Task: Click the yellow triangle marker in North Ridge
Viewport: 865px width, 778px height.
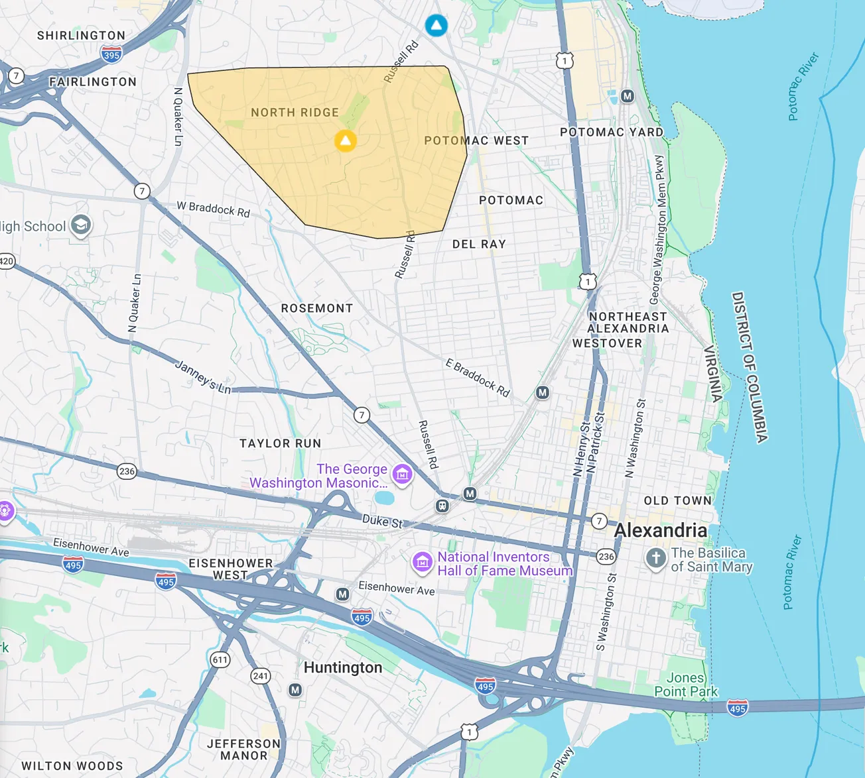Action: point(345,140)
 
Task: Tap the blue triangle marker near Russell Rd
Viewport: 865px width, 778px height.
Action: point(436,26)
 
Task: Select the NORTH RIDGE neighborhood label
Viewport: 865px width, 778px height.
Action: point(295,113)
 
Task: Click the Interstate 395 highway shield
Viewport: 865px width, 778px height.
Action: point(111,55)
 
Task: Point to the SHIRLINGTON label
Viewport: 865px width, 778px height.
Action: point(81,36)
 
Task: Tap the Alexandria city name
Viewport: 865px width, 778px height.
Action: point(660,530)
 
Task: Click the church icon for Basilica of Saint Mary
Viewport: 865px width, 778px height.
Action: point(655,559)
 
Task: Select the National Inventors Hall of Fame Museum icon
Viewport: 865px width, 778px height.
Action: point(422,563)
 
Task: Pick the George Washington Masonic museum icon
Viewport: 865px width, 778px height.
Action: point(402,474)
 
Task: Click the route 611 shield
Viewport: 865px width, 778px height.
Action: point(220,659)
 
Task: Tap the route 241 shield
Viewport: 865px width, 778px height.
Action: point(261,676)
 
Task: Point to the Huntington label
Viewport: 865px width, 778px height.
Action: point(342,667)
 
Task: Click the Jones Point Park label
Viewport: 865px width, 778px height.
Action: point(685,685)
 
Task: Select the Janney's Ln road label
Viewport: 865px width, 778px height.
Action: point(202,377)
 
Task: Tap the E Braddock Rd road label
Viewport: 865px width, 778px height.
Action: point(478,378)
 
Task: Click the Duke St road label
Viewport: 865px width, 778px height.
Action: point(382,522)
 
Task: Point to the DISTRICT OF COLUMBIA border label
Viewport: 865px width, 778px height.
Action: point(750,366)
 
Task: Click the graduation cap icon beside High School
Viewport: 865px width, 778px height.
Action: point(81,225)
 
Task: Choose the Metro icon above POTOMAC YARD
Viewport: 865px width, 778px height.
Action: point(627,96)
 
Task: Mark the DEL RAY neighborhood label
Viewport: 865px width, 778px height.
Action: point(479,245)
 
